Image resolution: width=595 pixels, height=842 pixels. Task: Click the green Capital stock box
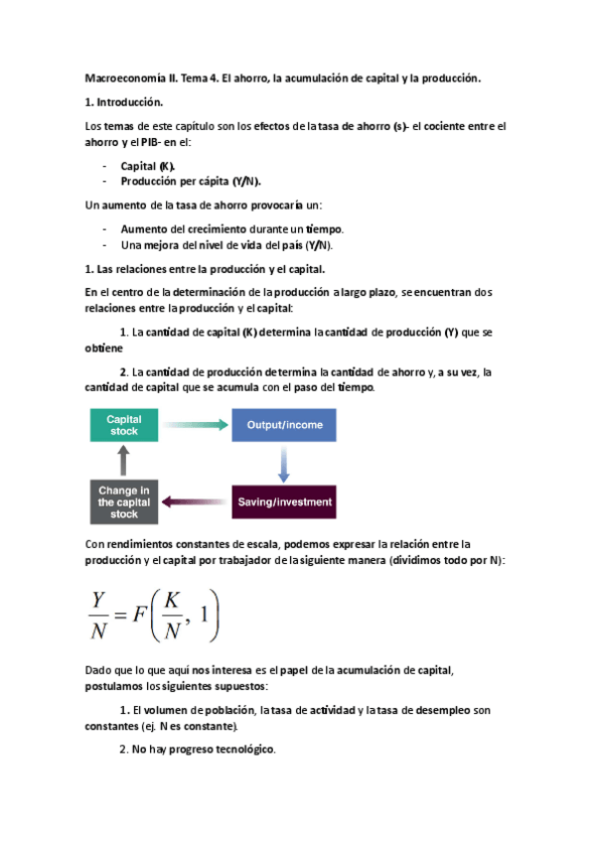point(124,425)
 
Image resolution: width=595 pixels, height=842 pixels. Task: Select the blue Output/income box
point(284,425)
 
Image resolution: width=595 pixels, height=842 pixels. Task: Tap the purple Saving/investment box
point(284,501)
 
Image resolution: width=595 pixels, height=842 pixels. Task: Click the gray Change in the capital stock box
point(124,501)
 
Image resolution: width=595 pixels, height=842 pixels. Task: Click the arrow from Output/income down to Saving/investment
point(284,463)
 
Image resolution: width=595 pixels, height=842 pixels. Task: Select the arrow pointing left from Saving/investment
point(195,501)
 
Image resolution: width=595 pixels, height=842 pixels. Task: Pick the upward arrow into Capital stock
point(124,462)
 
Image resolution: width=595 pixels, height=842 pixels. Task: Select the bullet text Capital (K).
point(148,168)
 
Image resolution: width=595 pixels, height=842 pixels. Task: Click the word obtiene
point(103,349)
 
